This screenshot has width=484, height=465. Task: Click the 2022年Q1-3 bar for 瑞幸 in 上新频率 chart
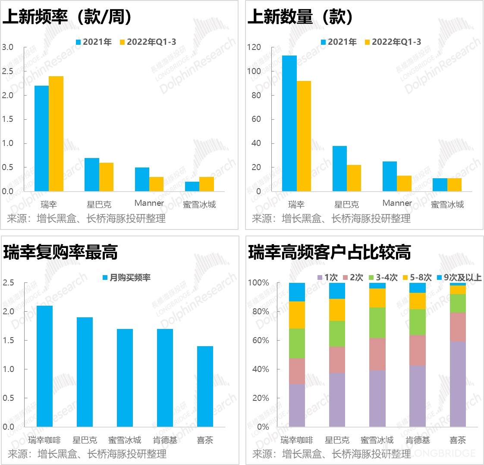(x=56, y=133)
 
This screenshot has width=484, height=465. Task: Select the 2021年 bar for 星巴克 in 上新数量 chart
(x=339, y=168)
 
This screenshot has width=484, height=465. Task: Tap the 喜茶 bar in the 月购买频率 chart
(x=205, y=386)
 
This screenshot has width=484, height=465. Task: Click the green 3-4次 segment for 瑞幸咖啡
(x=297, y=343)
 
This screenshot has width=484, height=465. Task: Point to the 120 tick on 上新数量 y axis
(x=254, y=47)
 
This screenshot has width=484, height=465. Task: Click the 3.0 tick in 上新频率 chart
(x=8, y=47)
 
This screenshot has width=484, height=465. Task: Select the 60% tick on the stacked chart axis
(x=258, y=340)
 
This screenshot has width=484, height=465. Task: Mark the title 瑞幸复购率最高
(x=60, y=252)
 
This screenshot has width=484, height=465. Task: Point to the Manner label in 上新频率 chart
(x=149, y=203)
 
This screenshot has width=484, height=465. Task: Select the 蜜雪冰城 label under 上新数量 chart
(x=447, y=205)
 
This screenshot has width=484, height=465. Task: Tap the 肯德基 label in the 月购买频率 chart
(x=165, y=440)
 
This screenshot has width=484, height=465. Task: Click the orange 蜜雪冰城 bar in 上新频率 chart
(x=207, y=184)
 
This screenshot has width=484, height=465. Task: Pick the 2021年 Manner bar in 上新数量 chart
(x=390, y=176)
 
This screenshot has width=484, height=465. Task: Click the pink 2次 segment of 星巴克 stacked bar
(x=337, y=360)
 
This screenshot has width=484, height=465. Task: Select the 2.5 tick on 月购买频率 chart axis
(x=9, y=283)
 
